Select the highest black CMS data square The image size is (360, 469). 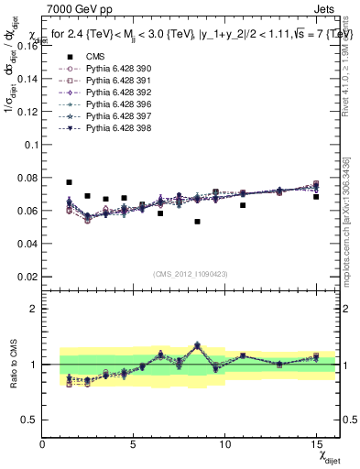point(70,182)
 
